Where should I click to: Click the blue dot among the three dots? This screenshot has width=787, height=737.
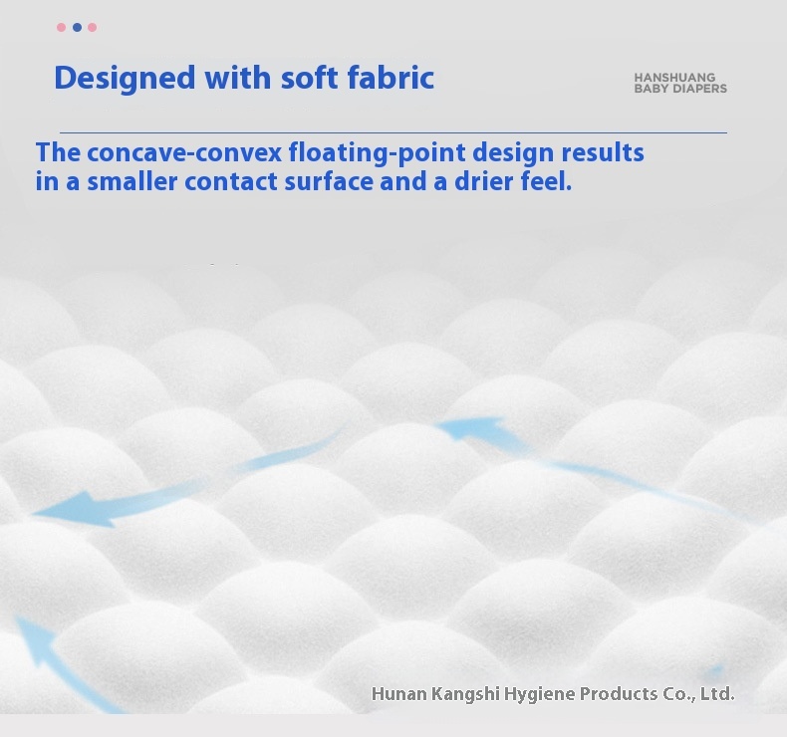click(x=77, y=27)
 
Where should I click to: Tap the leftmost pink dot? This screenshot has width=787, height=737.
click(x=61, y=27)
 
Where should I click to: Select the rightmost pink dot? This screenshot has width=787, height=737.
click(x=93, y=27)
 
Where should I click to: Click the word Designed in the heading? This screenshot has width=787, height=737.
click(x=125, y=79)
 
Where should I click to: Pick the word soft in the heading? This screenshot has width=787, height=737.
click(x=309, y=78)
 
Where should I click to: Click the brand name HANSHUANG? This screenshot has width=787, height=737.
click(x=674, y=78)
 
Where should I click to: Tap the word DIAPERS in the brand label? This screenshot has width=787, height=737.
click(x=699, y=89)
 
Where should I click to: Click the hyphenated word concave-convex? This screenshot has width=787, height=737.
click(x=184, y=152)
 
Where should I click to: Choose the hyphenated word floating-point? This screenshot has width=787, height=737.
click(x=377, y=153)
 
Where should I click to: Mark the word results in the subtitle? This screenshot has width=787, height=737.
click(x=603, y=152)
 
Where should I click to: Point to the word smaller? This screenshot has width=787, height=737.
click(x=132, y=181)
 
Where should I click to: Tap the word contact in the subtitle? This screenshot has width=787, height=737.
click(x=231, y=182)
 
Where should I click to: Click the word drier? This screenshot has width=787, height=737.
click(x=484, y=181)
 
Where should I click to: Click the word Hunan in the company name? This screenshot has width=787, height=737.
click(x=399, y=694)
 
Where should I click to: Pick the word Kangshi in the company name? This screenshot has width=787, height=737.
click(x=465, y=695)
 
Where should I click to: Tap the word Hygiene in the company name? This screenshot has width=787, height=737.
click(x=540, y=695)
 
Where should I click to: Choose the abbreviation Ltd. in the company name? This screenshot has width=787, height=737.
click(x=717, y=694)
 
